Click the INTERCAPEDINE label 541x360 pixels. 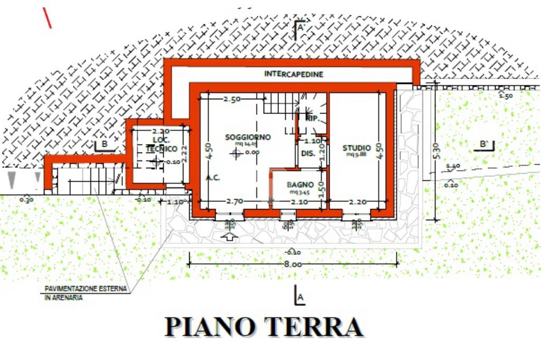(293, 74)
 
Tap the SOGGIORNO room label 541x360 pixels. (248, 137)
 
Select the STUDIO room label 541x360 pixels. (357, 147)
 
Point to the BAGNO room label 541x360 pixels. (300, 185)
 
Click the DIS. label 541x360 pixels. (308, 154)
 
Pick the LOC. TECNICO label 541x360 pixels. (161, 144)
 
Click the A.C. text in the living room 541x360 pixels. (213, 178)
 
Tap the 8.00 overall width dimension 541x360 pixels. (293, 264)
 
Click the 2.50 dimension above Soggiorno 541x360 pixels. (232, 99)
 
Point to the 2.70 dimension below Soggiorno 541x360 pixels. (234, 201)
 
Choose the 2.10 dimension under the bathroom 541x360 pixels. (299, 201)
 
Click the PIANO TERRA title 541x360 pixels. (264, 327)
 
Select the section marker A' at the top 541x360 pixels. (301, 27)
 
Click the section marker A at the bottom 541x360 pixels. (299, 298)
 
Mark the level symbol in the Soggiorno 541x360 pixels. (236, 153)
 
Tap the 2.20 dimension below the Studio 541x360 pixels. (358, 201)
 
